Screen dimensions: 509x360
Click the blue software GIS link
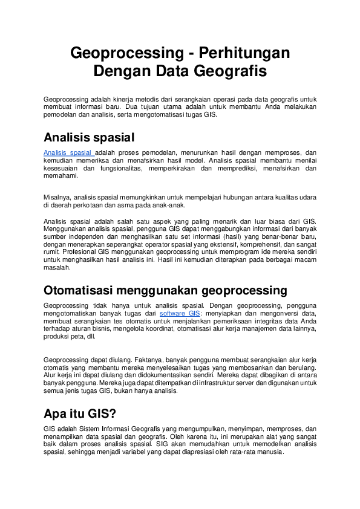[179, 314]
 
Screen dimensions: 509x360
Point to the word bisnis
[94, 329]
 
